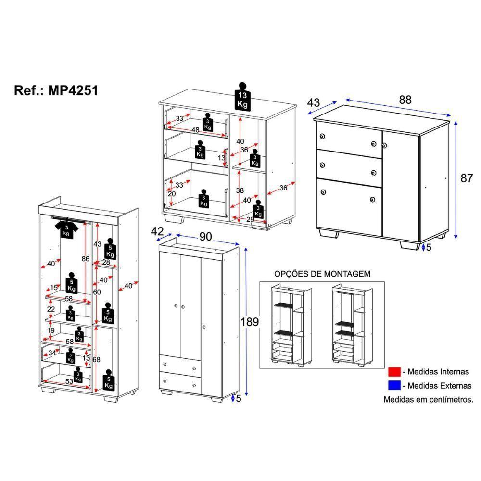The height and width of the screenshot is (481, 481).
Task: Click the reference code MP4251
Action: click(74, 90)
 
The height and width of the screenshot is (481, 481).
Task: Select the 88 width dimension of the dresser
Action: click(405, 100)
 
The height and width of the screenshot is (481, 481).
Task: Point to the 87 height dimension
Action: click(467, 178)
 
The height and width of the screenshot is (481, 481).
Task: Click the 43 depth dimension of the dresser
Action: click(313, 102)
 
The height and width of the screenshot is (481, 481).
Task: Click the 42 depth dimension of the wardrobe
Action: click(157, 231)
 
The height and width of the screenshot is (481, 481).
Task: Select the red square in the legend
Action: click(394, 372)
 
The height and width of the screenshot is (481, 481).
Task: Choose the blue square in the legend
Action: click(394, 385)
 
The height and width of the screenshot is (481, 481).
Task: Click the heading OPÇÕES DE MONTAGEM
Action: click(322, 274)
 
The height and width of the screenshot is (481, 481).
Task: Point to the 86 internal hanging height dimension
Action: click(86, 258)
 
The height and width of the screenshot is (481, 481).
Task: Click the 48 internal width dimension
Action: click(195, 130)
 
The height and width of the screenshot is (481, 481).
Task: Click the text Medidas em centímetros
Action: click(428, 399)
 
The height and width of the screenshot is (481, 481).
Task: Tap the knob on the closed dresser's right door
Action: click(384, 144)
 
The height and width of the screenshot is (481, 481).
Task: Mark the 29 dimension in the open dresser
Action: click(250, 219)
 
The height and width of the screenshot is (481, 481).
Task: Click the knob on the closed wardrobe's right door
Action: click(204, 327)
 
